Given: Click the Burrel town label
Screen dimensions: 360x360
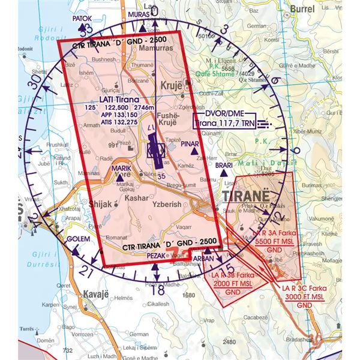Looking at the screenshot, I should [302, 9].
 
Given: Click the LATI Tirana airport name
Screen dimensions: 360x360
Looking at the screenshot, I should [115, 99].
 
